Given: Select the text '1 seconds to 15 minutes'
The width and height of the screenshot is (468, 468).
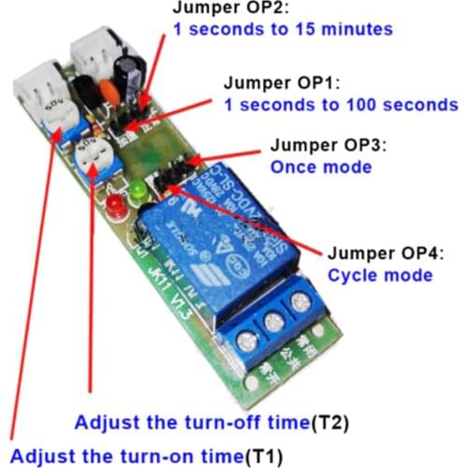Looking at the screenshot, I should (x=282, y=30).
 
